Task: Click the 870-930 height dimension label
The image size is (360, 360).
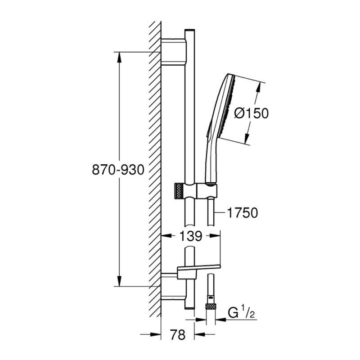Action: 118,170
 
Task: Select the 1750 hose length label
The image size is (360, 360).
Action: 242,213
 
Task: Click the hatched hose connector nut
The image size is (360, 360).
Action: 210,307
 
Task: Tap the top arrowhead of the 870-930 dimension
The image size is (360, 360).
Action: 119,55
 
